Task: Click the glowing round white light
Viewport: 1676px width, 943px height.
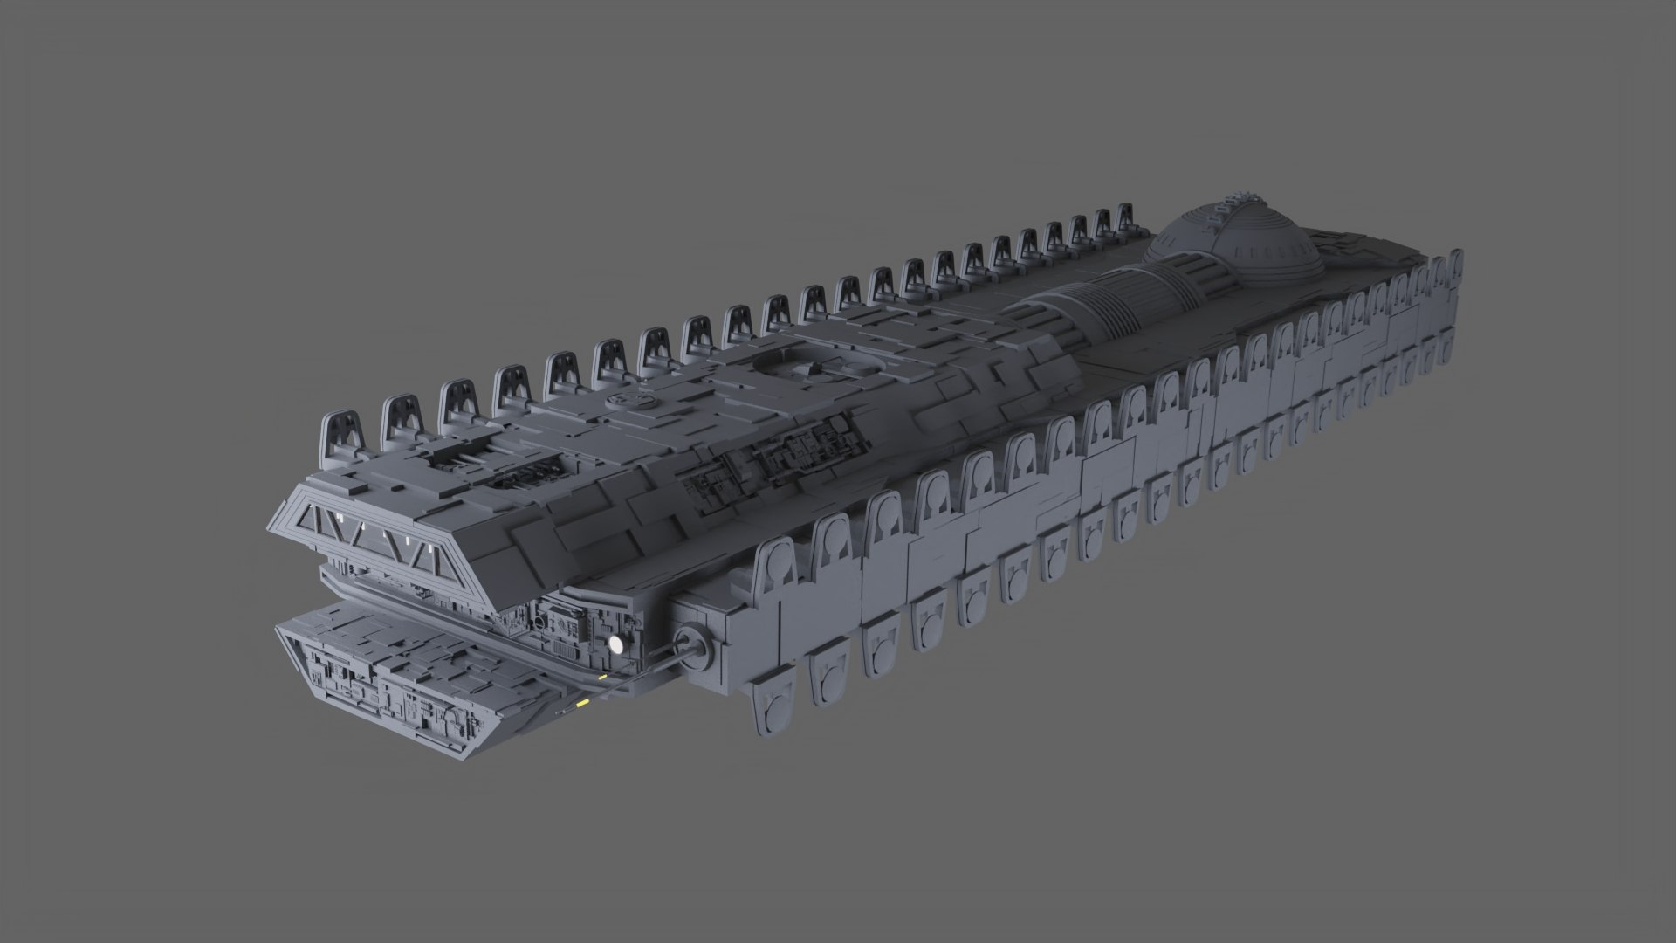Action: [616, 644]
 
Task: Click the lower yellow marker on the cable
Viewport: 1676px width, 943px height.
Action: [583, 702]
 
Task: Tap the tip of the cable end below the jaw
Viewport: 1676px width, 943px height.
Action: [561, 714]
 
